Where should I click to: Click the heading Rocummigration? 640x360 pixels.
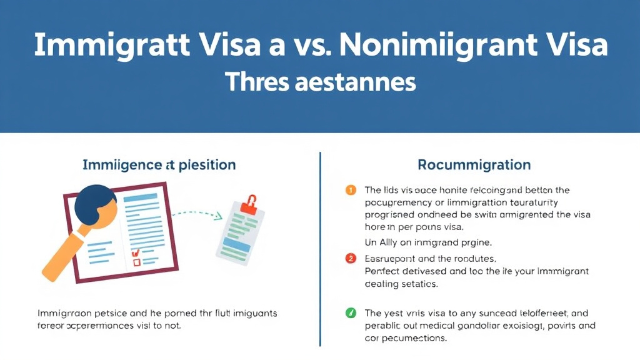474,165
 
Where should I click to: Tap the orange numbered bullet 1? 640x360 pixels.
351,190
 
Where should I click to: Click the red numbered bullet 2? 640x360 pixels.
351,258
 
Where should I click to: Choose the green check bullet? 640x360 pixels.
351,313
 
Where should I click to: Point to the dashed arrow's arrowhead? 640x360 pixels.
218,217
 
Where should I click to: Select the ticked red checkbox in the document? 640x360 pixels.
135,253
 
